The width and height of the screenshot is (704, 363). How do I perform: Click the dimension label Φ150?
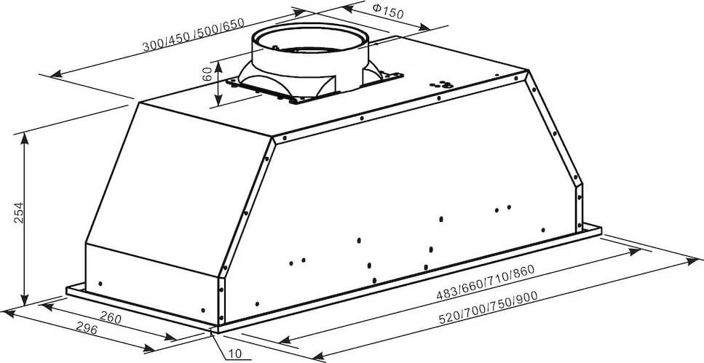388,10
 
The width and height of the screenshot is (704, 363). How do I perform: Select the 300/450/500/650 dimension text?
194,34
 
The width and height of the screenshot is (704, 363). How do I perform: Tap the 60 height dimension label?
207,73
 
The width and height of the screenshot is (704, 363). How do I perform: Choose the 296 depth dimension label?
86,329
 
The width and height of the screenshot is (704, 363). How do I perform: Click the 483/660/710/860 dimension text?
486,282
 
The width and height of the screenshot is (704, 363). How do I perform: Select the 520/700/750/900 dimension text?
489,308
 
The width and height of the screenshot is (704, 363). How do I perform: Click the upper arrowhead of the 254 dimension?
25,139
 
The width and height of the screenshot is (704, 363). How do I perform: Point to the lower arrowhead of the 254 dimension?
25,300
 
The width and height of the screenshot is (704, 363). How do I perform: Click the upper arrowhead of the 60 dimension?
218,67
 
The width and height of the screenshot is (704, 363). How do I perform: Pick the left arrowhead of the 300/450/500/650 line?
56,74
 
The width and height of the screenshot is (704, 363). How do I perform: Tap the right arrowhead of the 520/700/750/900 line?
692,260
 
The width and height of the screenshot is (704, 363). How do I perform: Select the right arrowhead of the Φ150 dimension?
424,28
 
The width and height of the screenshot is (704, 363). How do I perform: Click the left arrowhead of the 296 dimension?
9,313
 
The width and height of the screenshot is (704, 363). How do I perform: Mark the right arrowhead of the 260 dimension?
170,337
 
